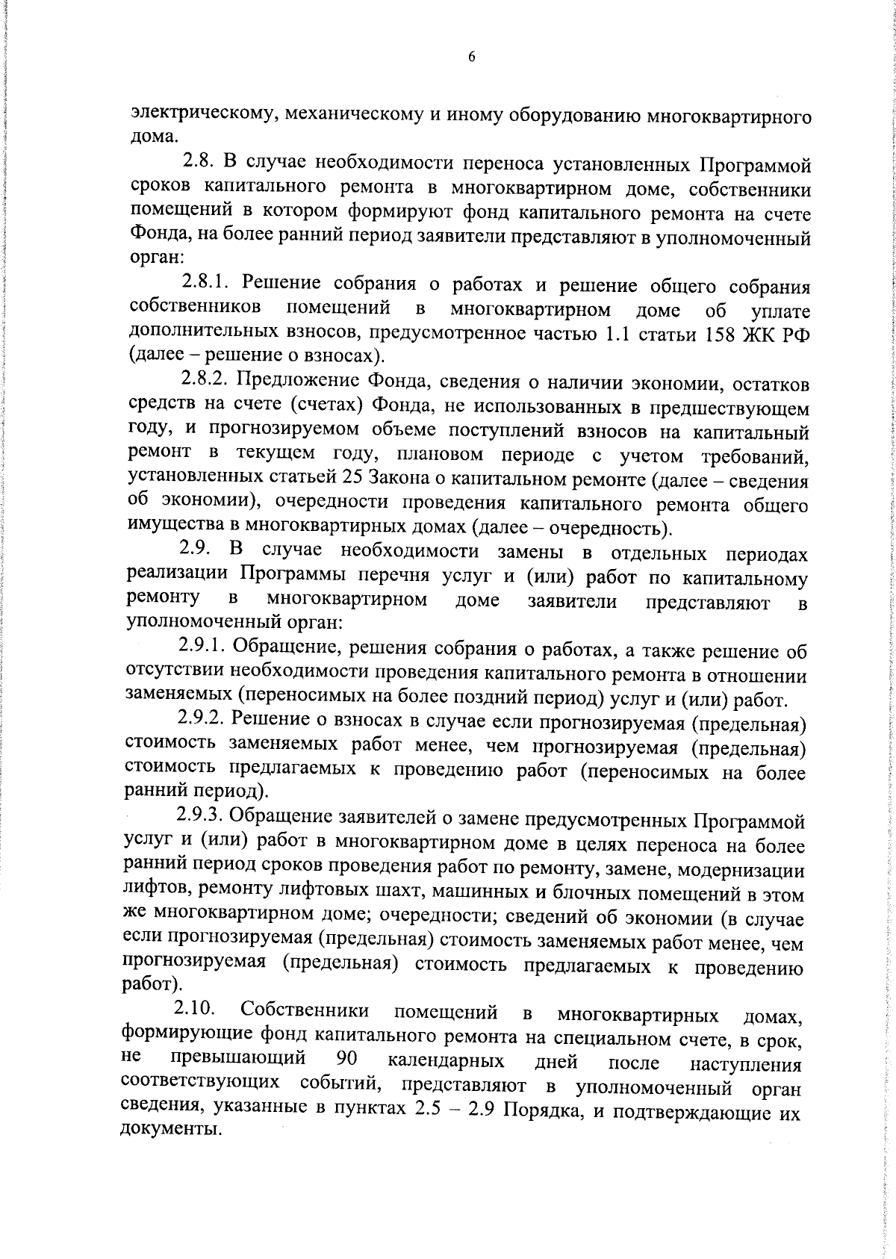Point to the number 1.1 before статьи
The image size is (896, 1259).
pyautogui.click(x=617, y=333)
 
